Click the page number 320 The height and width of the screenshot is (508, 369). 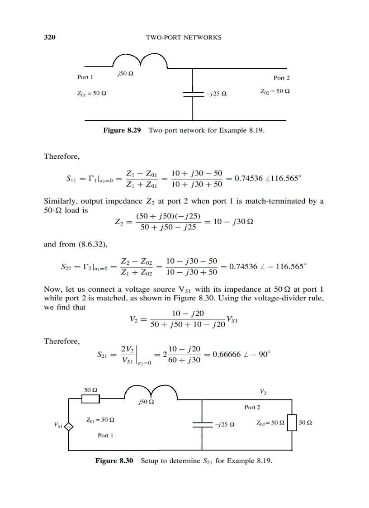point(49,37)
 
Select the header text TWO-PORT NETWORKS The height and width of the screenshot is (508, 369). point(184,38)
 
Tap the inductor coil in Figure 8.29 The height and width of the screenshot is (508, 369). point(140,62)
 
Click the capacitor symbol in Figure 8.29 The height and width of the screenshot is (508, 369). point(193,94)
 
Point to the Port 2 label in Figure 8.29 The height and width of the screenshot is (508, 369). point(281,78)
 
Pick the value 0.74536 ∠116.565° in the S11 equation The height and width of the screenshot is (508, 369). point(265,178)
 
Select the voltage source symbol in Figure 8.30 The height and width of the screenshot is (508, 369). point(69,426)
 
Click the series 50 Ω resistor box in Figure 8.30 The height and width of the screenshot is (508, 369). point(91,399)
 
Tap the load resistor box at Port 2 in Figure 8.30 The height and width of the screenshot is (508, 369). point(292,423)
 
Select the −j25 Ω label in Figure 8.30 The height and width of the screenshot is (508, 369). point(224,425)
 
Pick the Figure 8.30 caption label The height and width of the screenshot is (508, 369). point(114,461)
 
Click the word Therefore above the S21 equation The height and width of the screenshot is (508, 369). point(62,341)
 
